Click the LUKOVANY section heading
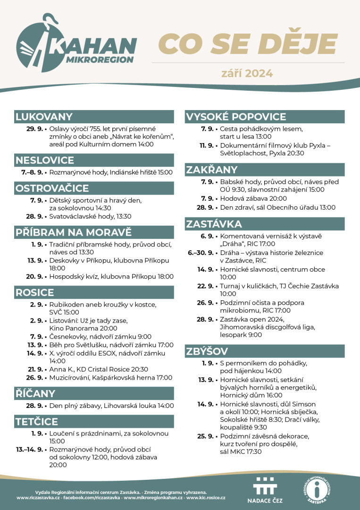44,117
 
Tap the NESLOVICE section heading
44,160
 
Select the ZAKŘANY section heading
211,170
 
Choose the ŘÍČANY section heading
35,393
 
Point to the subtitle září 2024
247,73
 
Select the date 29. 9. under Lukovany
35,128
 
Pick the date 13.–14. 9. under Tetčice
30,450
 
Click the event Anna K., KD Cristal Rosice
99,369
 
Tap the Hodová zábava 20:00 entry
253,199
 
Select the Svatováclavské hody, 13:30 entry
90,216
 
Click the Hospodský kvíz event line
111,277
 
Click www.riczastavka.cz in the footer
38,498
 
